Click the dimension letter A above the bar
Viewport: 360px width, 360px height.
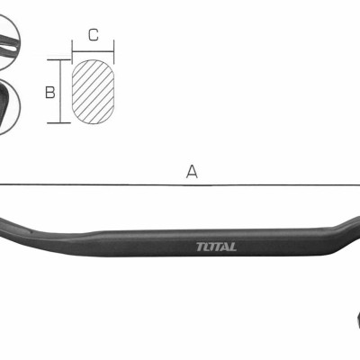(x=191, y=171)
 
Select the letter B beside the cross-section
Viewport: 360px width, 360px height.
(x=51, y=92)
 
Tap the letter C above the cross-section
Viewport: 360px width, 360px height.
(x=94, y=36)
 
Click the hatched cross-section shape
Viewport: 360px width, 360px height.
(x=94, y=91)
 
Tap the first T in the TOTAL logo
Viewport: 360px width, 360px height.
(x=199, y=247)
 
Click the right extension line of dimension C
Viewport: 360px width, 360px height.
(x=114, y=50)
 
